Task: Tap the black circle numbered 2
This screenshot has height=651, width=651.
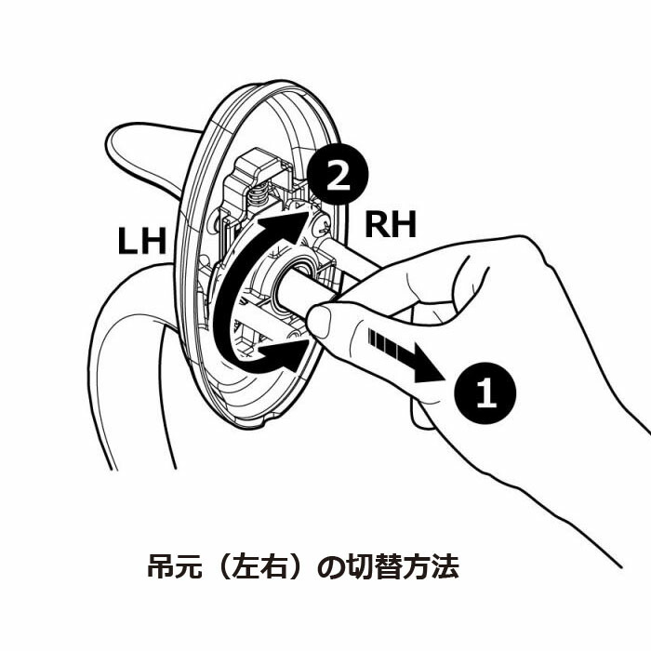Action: [x=339, y=176]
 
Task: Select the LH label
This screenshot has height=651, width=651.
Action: [x=141, y=241]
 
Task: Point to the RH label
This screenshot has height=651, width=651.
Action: [x=390, y=224]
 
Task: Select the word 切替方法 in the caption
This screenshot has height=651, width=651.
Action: [x=411, y=566]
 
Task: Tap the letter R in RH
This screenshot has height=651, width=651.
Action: [x=377, y=224]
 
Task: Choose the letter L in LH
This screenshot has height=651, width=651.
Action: [x=128, y=241]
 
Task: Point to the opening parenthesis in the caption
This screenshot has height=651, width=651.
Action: [x=230, y=566]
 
